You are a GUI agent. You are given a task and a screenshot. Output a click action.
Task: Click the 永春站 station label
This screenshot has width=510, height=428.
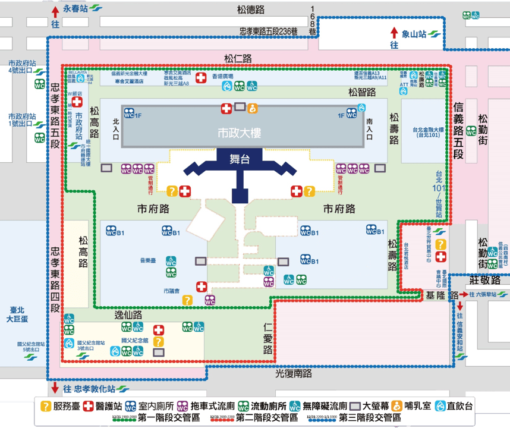75,10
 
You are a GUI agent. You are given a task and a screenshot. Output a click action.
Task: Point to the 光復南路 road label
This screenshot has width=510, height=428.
294,373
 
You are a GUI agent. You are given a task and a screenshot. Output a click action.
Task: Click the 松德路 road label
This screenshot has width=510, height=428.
250,10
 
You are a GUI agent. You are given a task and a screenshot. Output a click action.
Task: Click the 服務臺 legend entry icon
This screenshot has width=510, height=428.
45,406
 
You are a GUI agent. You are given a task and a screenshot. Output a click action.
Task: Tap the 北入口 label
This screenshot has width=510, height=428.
116,129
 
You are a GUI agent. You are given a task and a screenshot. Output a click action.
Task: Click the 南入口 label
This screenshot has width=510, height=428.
369,128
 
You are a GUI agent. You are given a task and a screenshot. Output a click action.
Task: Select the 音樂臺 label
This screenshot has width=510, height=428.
147,260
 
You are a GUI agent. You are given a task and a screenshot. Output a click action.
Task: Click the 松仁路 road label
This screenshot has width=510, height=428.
238,58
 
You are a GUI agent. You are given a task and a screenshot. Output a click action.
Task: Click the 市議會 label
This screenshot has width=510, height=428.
170,291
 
